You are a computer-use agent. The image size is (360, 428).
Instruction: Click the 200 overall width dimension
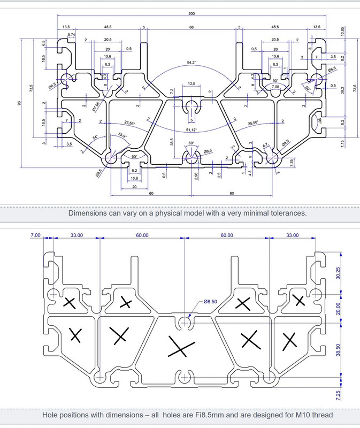192,13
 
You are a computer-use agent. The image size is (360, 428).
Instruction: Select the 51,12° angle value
192,130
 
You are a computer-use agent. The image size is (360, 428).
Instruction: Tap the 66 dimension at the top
192,26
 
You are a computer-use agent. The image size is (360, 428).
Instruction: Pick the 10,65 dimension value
343,32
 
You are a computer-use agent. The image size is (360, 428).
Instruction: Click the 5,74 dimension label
71,35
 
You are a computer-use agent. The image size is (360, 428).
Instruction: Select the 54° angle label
95,138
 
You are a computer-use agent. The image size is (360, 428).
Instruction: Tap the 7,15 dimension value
343,143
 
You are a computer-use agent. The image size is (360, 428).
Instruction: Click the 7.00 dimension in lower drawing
36,235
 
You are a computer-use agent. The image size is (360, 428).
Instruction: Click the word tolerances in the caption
285,213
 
